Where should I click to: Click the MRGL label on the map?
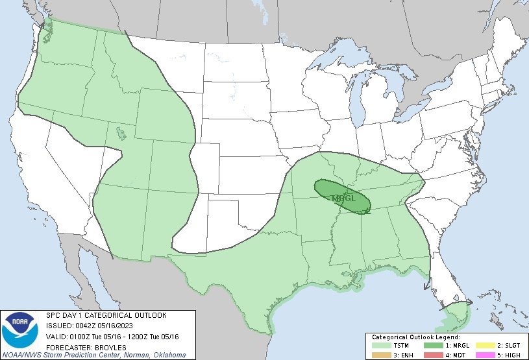(x=343, y=198)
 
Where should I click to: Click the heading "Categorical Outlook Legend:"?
(x=415, y=337)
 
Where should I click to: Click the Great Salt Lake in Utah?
(x=121, y=134)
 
